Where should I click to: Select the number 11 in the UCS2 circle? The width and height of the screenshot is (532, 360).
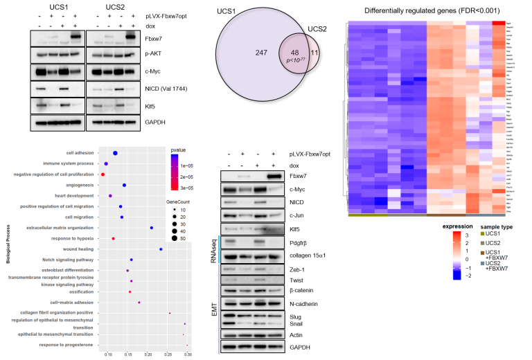tap(315, 71)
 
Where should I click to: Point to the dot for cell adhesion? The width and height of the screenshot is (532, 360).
tap(115, 153)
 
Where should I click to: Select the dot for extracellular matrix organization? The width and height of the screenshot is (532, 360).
tap(152, 227)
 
